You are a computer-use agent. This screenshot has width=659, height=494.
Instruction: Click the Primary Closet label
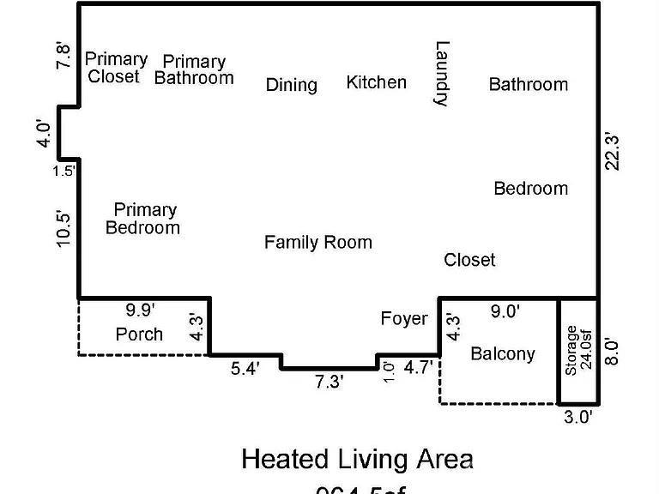115,68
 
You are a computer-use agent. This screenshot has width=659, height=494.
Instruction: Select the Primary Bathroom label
194,69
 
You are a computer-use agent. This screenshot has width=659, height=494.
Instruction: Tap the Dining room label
291,84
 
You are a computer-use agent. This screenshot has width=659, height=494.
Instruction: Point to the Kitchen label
376,82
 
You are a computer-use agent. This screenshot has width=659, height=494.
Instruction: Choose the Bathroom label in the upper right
528,84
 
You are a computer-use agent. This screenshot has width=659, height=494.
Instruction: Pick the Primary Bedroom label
143,219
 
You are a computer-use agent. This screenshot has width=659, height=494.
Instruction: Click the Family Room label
317,243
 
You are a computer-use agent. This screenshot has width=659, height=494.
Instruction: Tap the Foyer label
403,319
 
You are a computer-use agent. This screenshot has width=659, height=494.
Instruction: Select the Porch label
139,334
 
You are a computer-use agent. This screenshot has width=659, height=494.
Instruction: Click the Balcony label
503,353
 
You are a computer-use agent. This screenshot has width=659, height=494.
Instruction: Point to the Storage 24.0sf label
578,350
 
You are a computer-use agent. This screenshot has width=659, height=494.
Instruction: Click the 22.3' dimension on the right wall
612,151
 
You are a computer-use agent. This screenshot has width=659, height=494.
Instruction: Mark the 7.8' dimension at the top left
64,57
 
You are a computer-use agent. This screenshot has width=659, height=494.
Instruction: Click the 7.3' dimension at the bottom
328,382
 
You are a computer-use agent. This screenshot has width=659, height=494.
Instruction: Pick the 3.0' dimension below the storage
578,417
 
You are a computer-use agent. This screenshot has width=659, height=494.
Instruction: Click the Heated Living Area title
357,459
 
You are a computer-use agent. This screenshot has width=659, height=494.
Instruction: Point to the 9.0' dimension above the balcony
505,311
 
